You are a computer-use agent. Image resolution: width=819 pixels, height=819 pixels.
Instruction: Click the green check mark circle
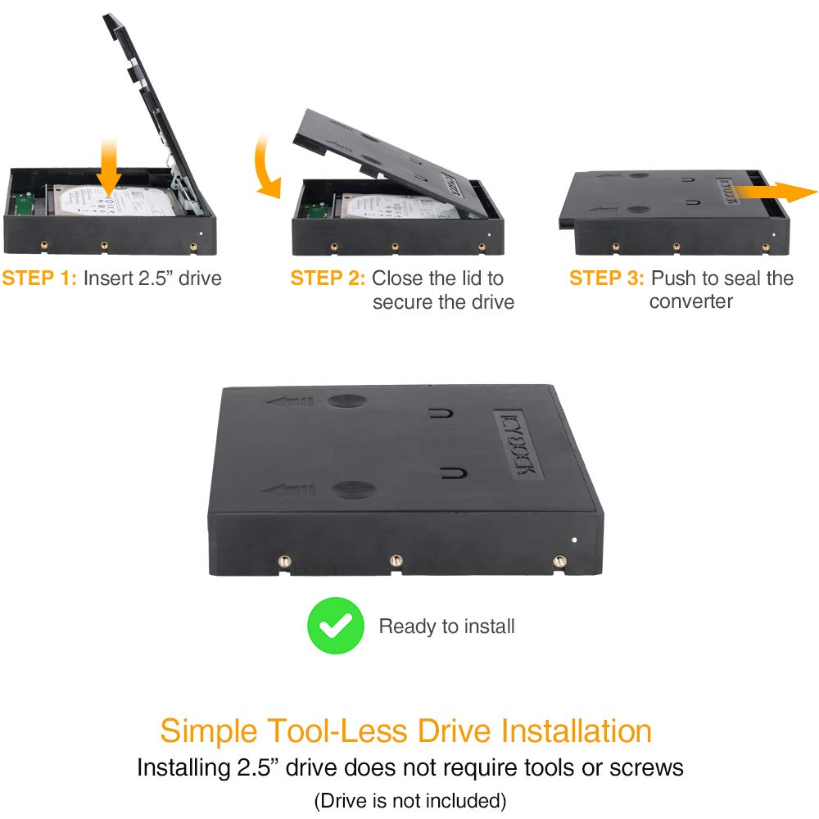[335, 625]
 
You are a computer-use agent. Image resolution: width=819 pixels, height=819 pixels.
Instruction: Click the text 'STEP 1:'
[39, 278]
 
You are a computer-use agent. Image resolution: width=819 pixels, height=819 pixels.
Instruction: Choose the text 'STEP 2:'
[328, 278]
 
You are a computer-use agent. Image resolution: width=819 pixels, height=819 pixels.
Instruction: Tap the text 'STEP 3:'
[606, 278]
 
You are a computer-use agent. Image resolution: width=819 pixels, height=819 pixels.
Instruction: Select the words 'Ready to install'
[446, 626]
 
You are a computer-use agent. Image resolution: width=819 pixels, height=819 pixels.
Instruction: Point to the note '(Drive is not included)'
[410, 800]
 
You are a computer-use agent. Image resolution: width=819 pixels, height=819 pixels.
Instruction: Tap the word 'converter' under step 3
[690, 301]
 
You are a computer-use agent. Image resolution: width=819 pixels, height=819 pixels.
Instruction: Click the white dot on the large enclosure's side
[575, 540]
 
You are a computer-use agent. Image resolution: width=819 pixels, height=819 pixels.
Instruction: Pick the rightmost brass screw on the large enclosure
[559, 562]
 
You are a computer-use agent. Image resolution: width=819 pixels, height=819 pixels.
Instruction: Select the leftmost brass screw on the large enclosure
[283, 562]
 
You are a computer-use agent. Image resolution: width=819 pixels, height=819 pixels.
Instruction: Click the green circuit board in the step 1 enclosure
[22, 203]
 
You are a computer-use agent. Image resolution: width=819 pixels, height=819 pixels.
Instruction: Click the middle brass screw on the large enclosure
[396, 561]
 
